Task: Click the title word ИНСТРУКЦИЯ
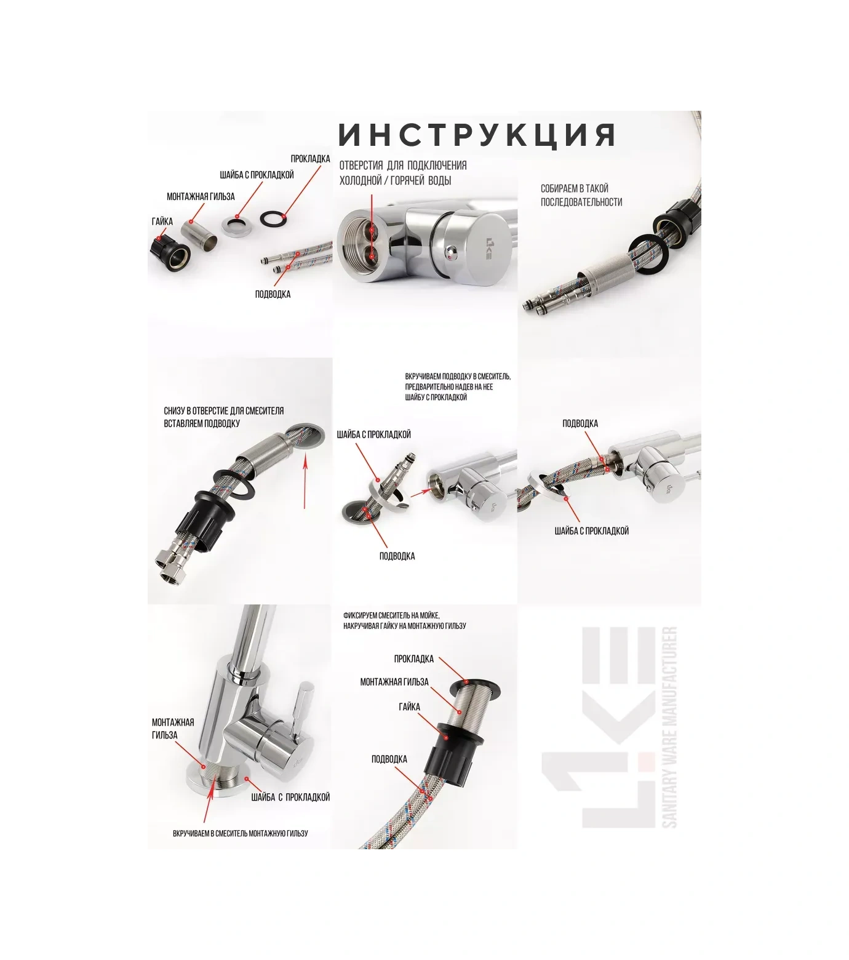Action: [x=477, y=135]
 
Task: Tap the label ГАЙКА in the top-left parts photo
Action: [x=162, y=222]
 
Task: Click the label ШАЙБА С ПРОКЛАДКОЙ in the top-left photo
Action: [x=257, y=175]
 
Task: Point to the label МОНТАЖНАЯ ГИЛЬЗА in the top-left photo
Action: [x=201, y=197]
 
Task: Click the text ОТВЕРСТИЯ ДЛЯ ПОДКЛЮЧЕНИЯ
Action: [x=403, y=166]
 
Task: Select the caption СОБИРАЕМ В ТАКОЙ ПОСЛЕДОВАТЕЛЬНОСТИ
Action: [x=581, y=195]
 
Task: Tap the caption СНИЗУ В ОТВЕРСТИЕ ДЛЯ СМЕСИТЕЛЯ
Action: [x=224, y=411]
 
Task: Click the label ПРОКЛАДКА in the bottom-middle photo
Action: [x=414, y=659]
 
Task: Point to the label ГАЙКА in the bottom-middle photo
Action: [x=409, y=707]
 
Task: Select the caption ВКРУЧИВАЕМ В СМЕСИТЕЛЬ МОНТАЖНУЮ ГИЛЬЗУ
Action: [x=241, y=833]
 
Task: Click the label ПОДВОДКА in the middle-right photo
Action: [x=580, y=423]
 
